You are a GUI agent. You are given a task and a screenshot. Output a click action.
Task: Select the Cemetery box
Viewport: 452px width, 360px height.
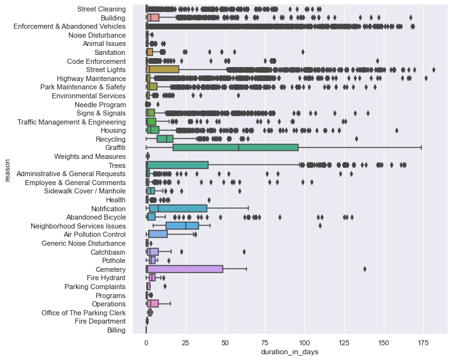click(185, 269)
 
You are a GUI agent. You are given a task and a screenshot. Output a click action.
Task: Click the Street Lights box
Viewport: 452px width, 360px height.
click(163, 69)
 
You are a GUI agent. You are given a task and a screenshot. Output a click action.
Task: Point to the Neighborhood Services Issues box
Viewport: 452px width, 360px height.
click(183, 225)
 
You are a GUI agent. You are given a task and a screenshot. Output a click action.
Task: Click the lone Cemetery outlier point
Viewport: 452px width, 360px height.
click(365, 269)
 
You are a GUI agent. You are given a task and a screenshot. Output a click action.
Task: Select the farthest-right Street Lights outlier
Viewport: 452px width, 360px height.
click(433, 69)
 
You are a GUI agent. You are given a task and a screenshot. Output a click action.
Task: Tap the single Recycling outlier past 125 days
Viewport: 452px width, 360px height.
click(356, 139)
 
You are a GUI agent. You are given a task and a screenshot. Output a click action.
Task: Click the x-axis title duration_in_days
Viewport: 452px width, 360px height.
click(289, 352)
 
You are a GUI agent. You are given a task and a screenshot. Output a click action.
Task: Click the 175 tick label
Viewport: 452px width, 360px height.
click(423, 341)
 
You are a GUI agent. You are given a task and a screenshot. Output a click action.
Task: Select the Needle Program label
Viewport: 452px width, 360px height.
click(100, 104)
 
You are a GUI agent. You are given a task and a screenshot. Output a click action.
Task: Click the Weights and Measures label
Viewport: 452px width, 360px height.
click(89, 156)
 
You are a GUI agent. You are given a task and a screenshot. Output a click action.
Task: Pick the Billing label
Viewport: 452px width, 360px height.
click(116, 329)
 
